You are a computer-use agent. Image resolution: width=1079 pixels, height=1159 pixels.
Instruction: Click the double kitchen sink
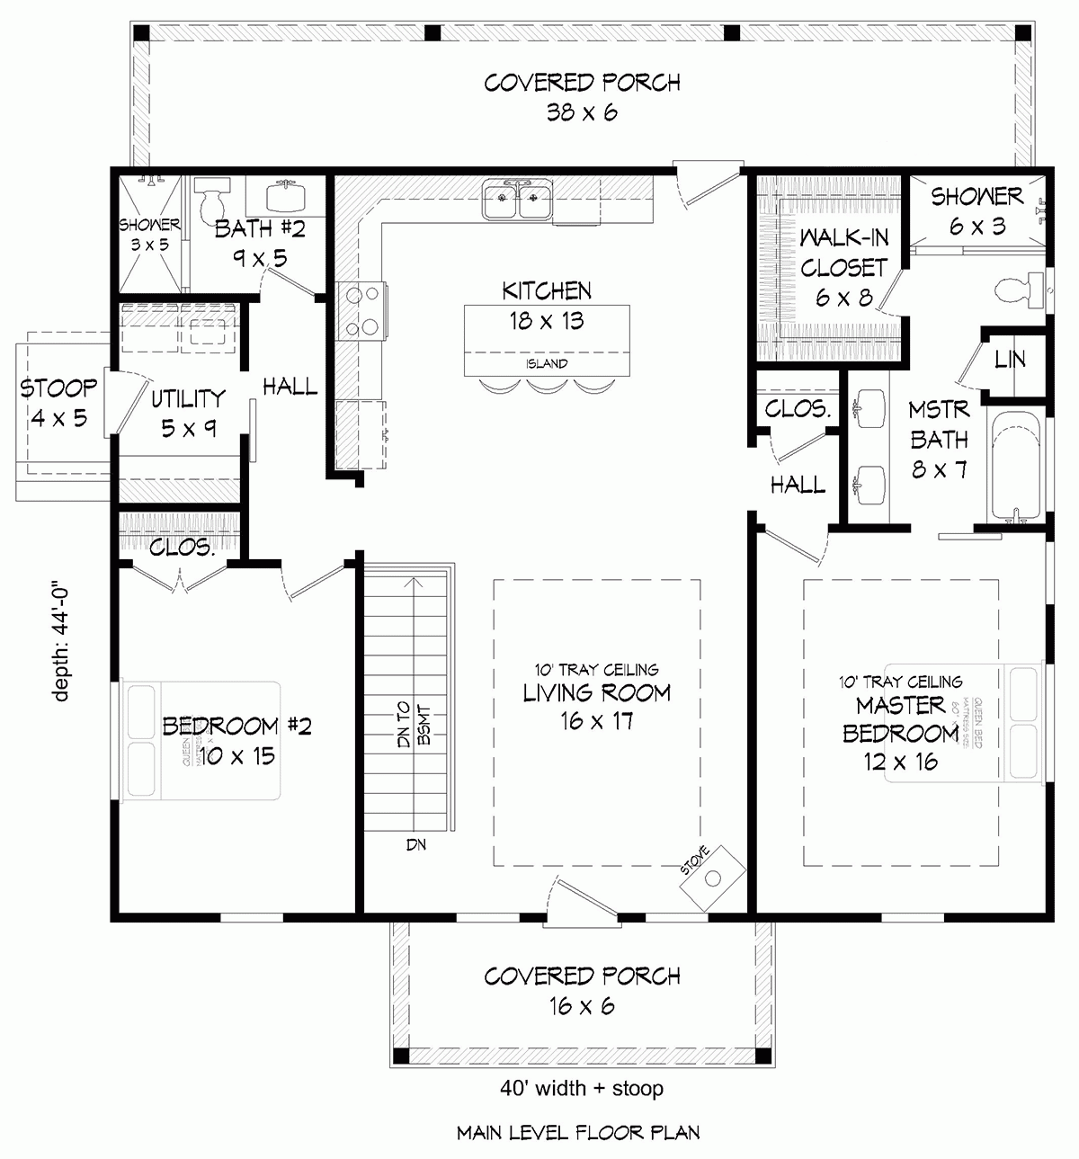[517, 201]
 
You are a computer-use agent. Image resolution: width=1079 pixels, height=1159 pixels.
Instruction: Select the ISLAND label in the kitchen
[547, 364]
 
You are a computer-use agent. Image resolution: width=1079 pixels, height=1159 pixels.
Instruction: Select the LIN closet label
[1011, 360]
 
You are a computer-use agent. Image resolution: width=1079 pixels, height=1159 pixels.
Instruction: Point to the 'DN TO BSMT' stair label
[415, 725]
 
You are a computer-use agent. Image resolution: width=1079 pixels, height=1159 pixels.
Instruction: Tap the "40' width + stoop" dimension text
[582, 1089]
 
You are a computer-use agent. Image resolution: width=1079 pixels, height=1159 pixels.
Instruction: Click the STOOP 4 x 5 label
[58, 403]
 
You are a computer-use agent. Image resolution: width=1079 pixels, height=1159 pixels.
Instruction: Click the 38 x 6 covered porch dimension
[582, 113]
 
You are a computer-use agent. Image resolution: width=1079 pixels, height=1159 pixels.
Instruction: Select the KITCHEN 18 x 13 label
[547, 306]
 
